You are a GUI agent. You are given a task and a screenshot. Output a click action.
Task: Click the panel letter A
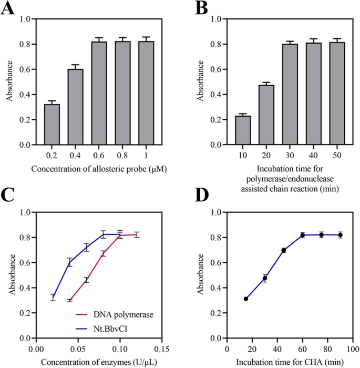tap(9, 9)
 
